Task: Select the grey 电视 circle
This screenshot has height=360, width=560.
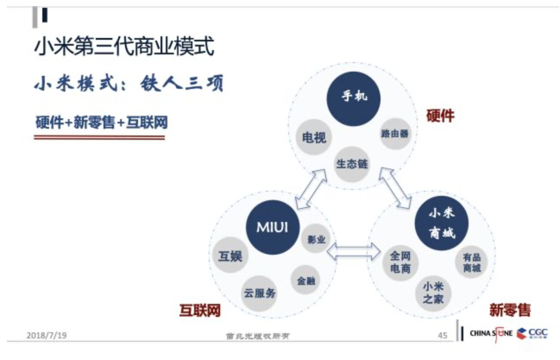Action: (314, 138)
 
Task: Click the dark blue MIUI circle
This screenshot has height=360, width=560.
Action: (272, 227)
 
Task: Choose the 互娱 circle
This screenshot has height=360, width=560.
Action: (230, 256)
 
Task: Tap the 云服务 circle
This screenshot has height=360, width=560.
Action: (259, 294)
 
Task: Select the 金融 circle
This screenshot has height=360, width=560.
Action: (306, 281)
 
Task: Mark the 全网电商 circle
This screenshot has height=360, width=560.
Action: (400, 262)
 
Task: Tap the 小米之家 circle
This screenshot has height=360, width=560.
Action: (433, 293)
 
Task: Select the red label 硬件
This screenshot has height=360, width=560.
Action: (440, 116)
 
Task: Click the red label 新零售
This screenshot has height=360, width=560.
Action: (510, 309)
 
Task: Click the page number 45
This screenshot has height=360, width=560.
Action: (442, 335)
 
